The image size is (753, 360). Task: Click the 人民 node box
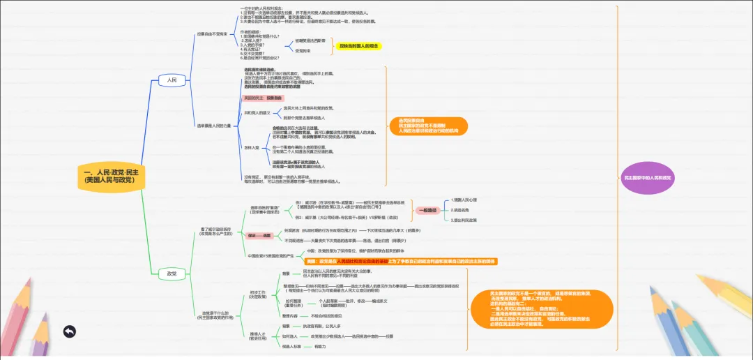(172, 80)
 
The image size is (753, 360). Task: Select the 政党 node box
(172, 273)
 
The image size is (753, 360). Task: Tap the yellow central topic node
(112, 175)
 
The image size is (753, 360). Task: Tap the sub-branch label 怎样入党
(252, 147)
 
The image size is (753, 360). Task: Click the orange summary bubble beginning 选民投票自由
(424, 126)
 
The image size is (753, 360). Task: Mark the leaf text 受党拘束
(303, 51)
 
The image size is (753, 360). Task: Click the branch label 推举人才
(258, 336)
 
